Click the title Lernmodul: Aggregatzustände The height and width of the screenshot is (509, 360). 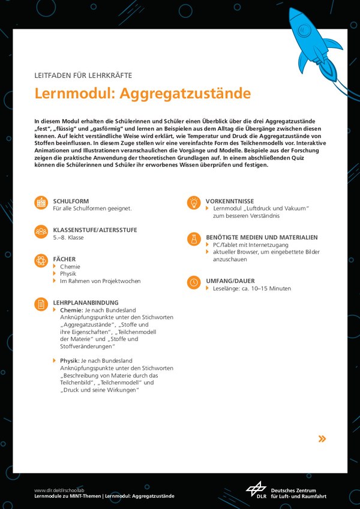(x=142, y=94)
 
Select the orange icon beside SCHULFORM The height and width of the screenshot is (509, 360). (x=41, y=203)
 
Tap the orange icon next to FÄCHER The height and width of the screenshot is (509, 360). (x=41, y=261)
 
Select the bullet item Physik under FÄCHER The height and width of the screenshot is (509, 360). (x=68, y=273)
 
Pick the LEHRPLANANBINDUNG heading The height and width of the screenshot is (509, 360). (x=86, y=303)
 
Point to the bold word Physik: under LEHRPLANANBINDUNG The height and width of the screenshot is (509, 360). (x=70, y=361)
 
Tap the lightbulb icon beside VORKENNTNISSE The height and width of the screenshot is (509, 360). (x=194, y=203)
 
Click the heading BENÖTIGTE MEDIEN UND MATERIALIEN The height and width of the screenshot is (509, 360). (x=262, y=237)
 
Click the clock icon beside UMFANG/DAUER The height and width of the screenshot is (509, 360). (x=194, y=282)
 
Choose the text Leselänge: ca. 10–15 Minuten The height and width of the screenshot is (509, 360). (x=252, y=288)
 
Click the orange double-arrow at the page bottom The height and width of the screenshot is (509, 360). (x=322, y=439)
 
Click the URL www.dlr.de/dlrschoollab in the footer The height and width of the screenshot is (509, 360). (x=60, y=490)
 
